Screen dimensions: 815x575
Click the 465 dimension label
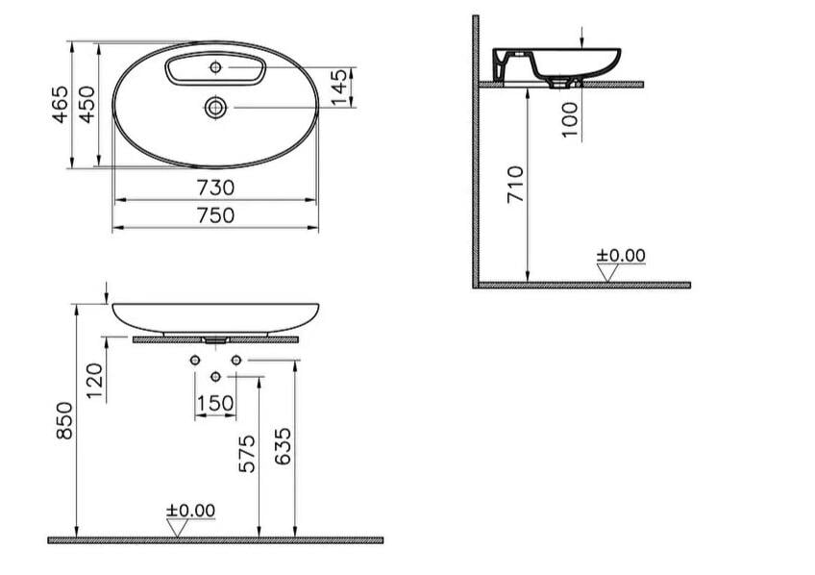pyautogui.click(x=61, y=105)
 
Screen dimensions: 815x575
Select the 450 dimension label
pyautogui.click(x=86, y=105)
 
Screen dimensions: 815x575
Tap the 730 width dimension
pyautogui.click(x=215, y=187)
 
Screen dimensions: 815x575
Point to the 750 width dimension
pyautogui.click(x=215, y=215)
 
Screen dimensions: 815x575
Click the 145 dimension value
pyautogui.click(x=338, y=87)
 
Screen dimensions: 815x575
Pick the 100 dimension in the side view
pyautogui.click(x=570, y=119)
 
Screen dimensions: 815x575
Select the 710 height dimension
pyautogui.click(x=515, y=185)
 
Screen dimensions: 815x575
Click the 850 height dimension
pyautogui.click(x=64, y=420)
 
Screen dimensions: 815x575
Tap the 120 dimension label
pyautogui.click(x=94, y=381)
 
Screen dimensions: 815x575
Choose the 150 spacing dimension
pyautogui.click(x=215, y=404)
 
